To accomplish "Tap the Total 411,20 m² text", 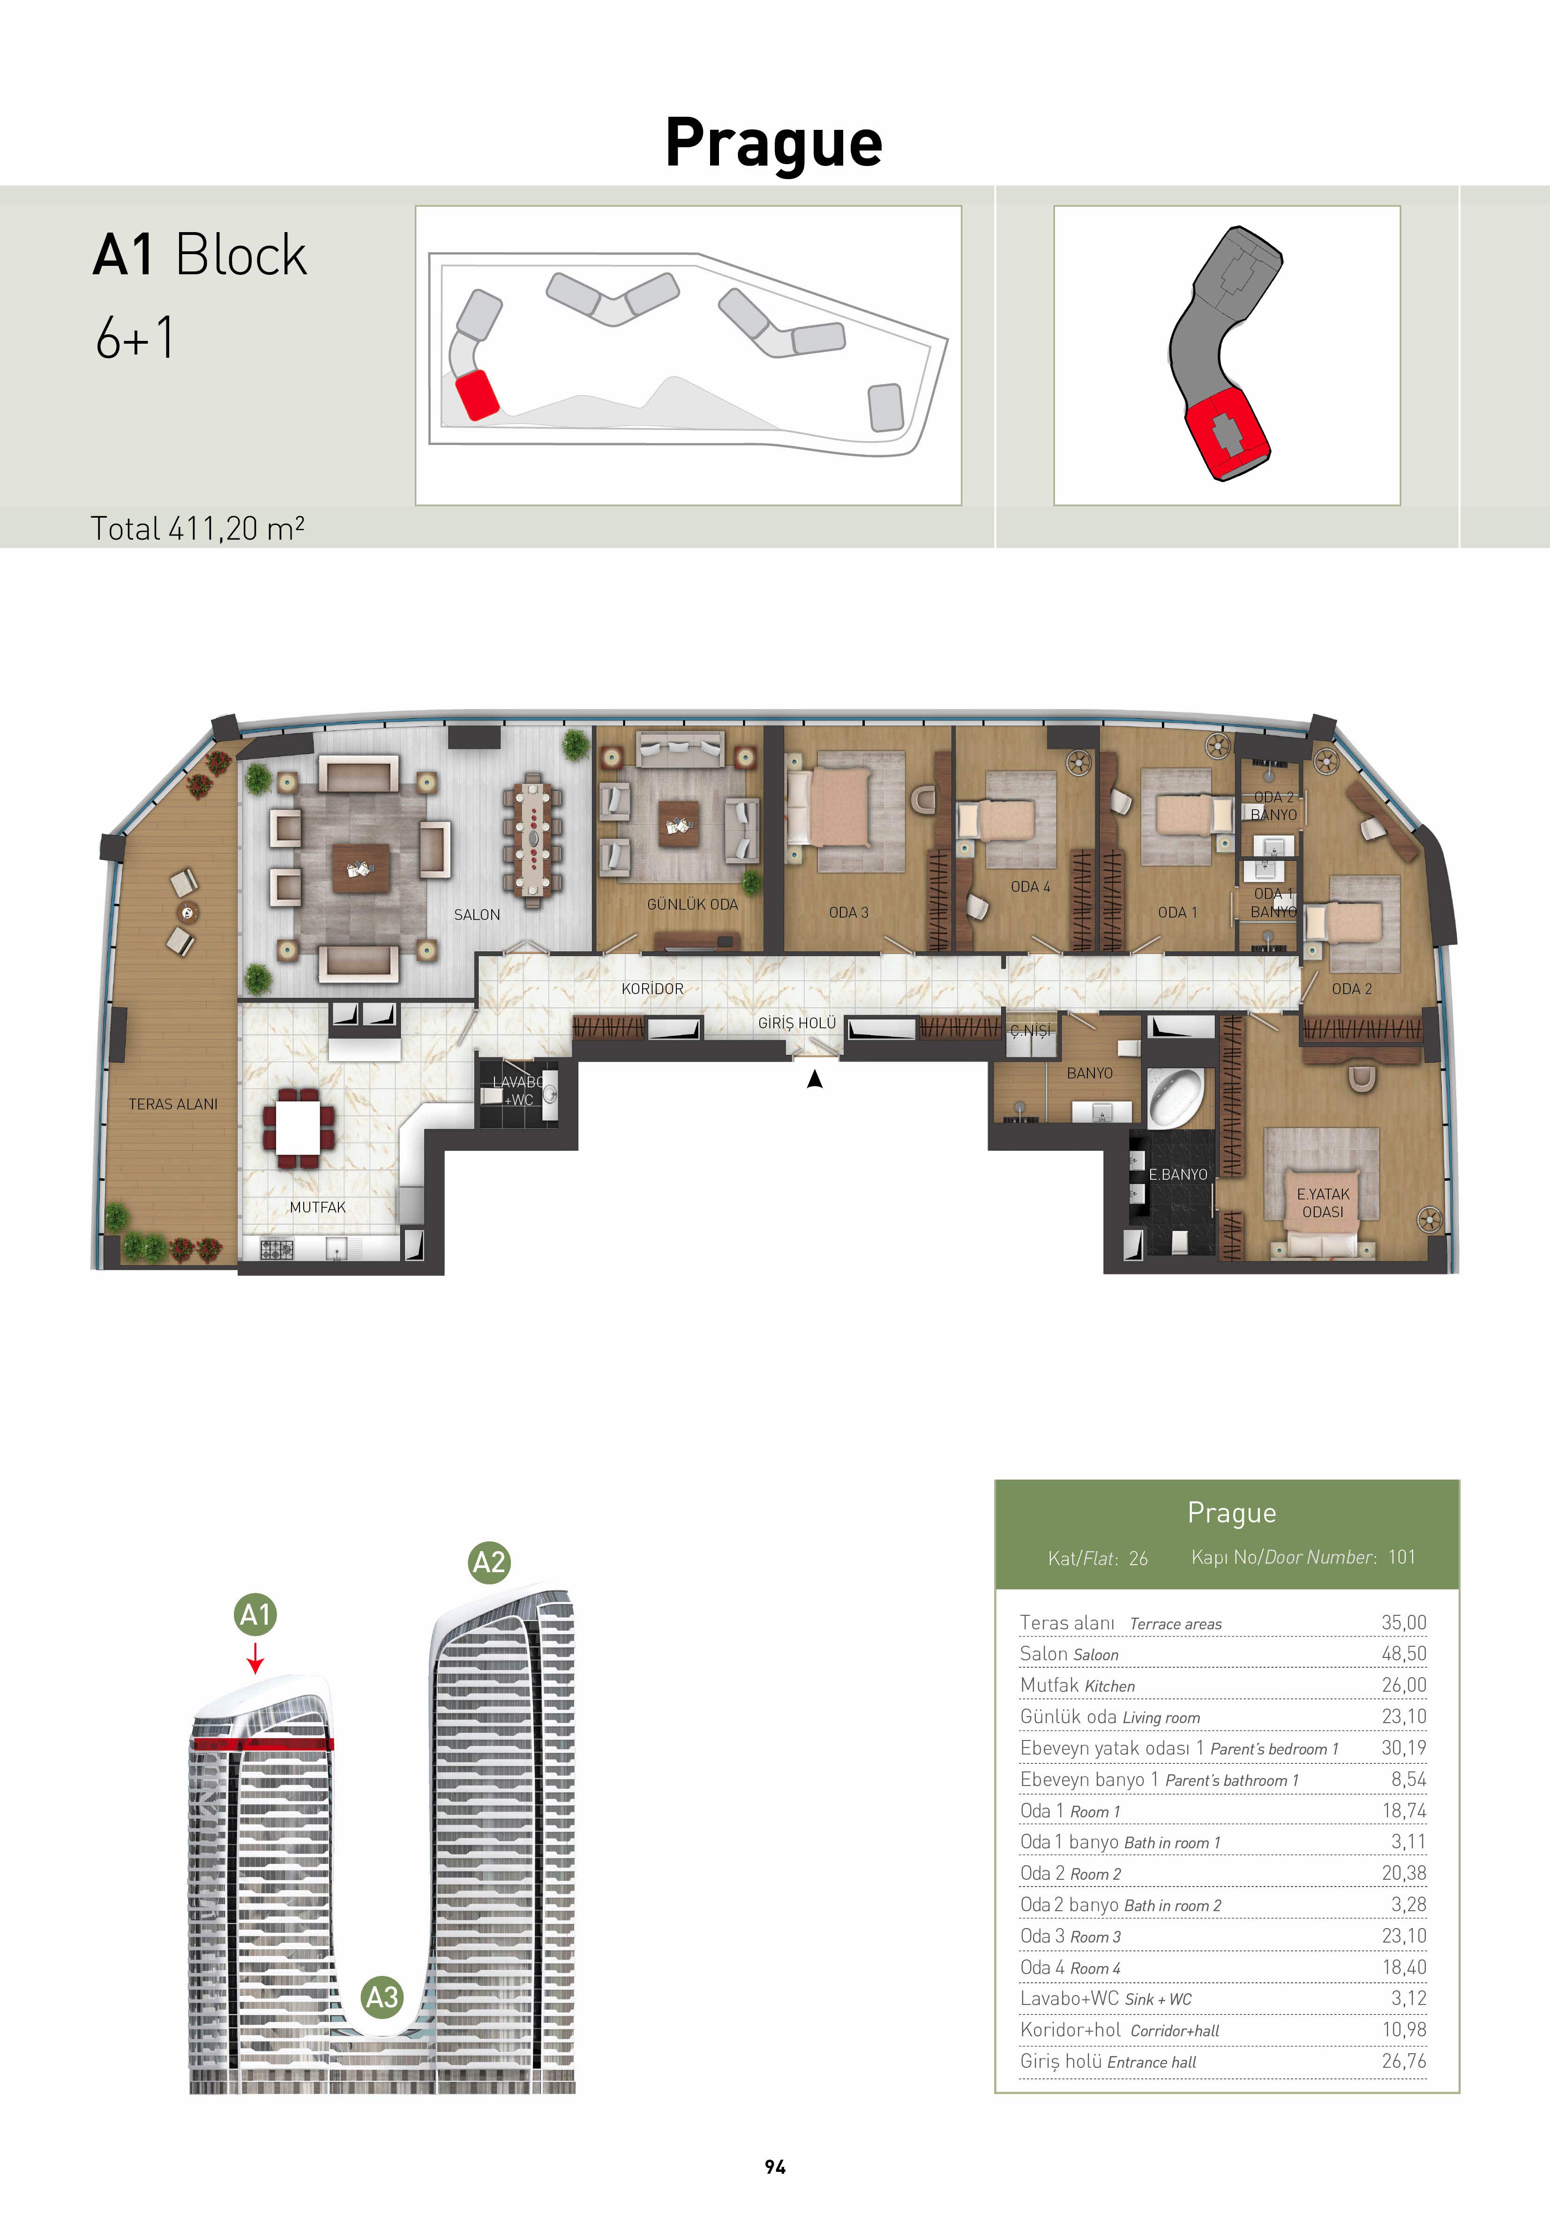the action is click(198, 529).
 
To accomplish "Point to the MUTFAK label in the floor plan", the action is click(317, 1207).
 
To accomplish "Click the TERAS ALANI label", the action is click(173, 1104).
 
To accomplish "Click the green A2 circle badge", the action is click(489, 1562).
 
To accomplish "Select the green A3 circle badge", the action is click(382, 1996).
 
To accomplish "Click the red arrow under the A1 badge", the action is click(255, 1658).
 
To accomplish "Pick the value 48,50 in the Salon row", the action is click(1403, 1654).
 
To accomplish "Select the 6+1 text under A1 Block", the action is click(135, 338).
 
